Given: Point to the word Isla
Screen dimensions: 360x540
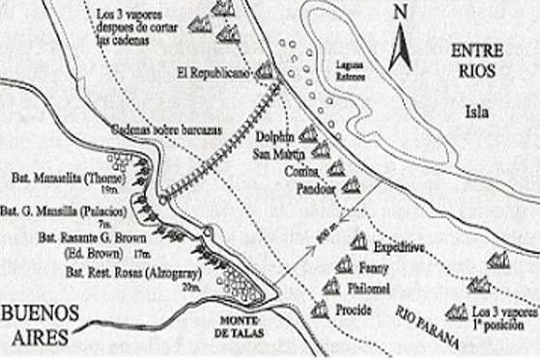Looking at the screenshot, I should pos(475,111).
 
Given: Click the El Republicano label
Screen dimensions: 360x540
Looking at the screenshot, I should pos(214,71).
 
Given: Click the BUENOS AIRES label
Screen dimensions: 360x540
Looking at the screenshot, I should pos(37,324).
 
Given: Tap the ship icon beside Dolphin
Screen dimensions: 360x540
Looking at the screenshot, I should pos(308,136).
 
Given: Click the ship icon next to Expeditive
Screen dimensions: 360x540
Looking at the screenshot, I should pos(358,241).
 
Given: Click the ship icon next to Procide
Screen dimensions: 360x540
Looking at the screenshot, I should pos(319,309).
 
